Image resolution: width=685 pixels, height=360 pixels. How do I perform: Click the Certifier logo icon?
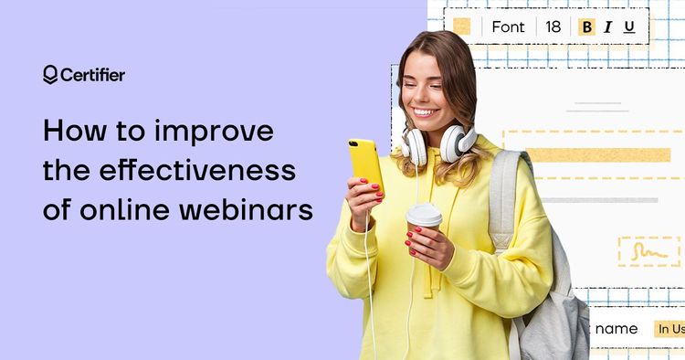click(49, 75)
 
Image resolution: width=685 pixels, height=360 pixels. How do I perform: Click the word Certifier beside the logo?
click(92, 75)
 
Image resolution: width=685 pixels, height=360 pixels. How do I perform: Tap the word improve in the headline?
click(218, 131)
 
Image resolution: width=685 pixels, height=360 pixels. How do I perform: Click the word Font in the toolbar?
click(508, 26)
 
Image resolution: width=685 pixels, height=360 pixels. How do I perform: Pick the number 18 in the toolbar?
click(553, 26)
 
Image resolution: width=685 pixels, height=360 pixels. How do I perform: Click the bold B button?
click(586, 27)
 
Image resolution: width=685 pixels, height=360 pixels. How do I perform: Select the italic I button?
click(607, 27)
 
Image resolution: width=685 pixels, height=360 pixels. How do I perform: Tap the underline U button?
click(628, 27)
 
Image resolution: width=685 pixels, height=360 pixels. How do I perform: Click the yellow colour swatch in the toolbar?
click(462, 26)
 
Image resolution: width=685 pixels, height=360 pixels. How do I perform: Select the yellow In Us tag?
click(669, 329)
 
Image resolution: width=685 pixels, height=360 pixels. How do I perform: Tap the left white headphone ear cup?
click(415, 146)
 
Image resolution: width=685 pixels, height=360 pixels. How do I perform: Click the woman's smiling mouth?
click(425, 112)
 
